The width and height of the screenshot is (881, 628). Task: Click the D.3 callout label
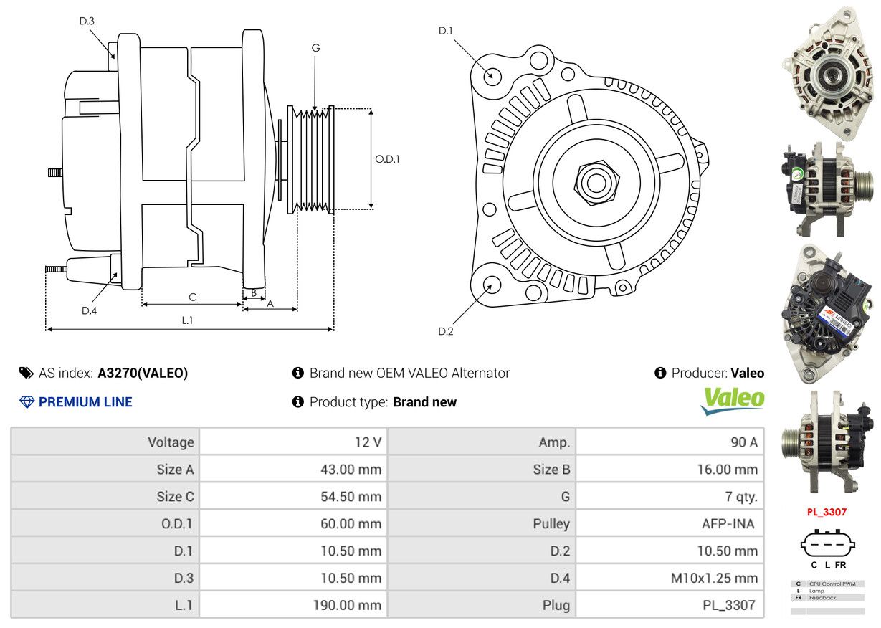tap(87, 22)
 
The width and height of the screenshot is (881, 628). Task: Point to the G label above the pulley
tap(315, 48)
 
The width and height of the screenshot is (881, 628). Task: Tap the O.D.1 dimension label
tap(387, 159)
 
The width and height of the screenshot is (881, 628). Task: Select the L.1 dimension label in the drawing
tap(187, 320)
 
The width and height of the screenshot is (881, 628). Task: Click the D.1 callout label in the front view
tap(446, 31)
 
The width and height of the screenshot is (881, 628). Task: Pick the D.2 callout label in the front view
tap(446, 331)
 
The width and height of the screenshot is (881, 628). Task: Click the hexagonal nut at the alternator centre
tap(596, 183)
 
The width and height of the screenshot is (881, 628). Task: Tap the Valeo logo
tap(732, 401)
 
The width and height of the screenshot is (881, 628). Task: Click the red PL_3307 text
tap(827, 512)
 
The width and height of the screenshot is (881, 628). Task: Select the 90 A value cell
tap(744, 442)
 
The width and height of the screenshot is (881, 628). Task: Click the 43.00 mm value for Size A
tap(351, 469)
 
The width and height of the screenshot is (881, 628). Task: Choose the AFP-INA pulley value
tap(728, 523)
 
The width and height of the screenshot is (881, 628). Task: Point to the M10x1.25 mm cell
tap(714, 578)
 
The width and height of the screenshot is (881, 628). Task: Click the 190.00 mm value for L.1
tap(347, 605)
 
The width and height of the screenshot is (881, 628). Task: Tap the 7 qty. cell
tap(741, 496)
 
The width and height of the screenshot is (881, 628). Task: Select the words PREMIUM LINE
tap(85, 402)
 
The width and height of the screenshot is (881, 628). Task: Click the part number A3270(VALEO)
tap(143, 373)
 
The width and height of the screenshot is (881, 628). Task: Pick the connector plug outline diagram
tap(827, 544)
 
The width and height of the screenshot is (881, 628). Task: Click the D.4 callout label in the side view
tap(90, 310)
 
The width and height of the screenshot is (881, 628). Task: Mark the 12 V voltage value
tap(368, 442)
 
